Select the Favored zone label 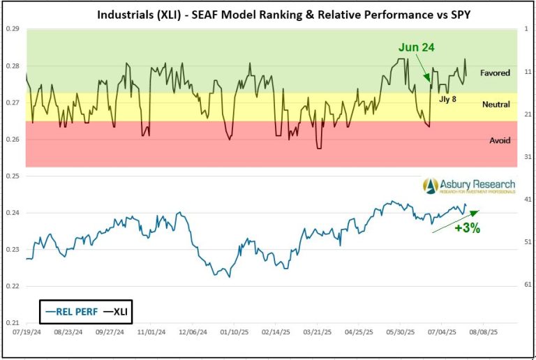click(x=496, y=73)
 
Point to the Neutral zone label click(x=496, y=104)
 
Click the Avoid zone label click(x=500, y=140)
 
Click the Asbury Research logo click(x=468, y=186)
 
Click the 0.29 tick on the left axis click(x=13, y=29)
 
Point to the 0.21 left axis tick click(x=13, y=323)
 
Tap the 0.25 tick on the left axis click(x=13, y=177)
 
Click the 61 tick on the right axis click(x=528, y=285)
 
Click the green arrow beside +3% click(x=455, y=220)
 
